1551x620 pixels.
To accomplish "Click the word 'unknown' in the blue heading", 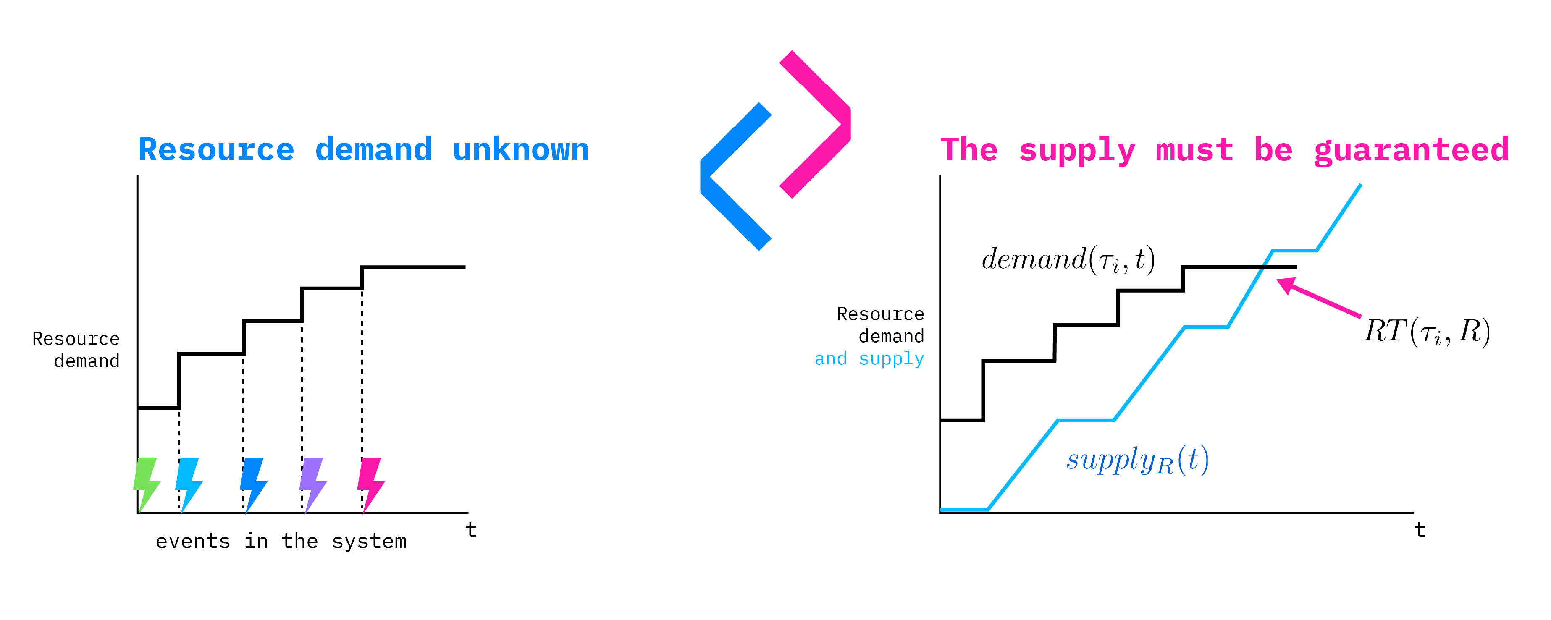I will point(521,149).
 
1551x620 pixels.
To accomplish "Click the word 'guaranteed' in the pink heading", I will point(1411,149).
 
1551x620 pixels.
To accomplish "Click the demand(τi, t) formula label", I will point(1068,259).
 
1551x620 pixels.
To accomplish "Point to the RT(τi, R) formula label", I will point(1426,332).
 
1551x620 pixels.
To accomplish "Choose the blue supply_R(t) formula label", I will point(1137,460).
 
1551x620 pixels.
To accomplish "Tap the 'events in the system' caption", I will point(281,541).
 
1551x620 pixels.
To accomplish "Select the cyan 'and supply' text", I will point(869,359).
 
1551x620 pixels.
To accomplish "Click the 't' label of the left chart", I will point(471,530).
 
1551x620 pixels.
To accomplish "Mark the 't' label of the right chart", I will point(1420,530).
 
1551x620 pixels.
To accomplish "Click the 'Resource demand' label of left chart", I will point(76,350).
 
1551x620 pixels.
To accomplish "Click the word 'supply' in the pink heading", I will point(1076,150).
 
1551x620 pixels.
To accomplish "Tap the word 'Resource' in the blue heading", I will point(217,149).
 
